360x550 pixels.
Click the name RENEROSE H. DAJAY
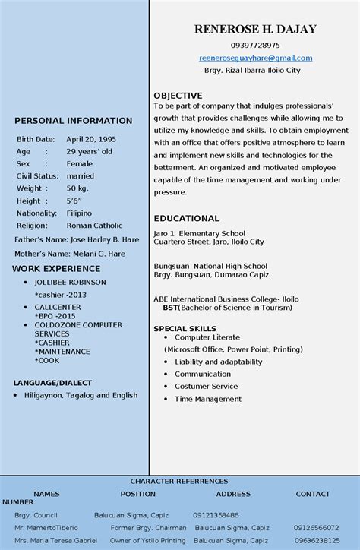255,30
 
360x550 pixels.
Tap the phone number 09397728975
255,46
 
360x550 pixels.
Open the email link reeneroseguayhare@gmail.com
255,58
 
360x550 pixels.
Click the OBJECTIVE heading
178,96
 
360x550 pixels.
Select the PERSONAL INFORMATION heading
74,121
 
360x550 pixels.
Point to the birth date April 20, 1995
91,140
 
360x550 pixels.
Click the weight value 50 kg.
77,188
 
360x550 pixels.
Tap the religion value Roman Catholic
94,226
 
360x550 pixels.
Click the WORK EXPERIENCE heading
56,269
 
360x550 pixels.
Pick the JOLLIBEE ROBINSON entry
70,282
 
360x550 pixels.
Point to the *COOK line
48,361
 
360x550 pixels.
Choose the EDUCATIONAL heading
186,218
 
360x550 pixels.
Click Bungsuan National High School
210,267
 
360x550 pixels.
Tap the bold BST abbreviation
170,308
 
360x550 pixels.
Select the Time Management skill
208,399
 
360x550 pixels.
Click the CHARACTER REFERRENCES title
179,482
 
